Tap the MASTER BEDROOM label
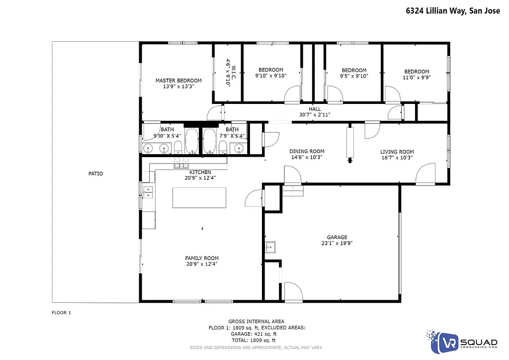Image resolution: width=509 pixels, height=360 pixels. tap(178, 81)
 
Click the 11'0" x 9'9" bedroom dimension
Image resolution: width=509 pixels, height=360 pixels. tap(416, 77)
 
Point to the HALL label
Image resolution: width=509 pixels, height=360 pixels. tap(315, 109)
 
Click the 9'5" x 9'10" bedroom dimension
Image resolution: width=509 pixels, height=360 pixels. tap(353, 76)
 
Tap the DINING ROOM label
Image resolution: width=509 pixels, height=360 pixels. tap(307, 152)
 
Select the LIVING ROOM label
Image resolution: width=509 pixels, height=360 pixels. tap(397, 152)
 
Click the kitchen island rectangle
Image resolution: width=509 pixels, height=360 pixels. tap(199, 197)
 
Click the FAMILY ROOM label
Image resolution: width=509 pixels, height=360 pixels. tap(202, 258)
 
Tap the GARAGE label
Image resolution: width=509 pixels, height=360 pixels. tap(337, 237)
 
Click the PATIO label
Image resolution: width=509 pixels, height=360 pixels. tap(95, 174)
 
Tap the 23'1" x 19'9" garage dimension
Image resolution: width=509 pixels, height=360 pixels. tap(337, 243)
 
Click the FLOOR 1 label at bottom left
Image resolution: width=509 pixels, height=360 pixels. tap(62, 313)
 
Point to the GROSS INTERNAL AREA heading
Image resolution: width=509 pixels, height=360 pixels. tap(256, 322)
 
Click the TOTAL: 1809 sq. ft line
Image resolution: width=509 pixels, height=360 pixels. tap(256, 341)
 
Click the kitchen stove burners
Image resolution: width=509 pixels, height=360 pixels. tap(180, 165)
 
